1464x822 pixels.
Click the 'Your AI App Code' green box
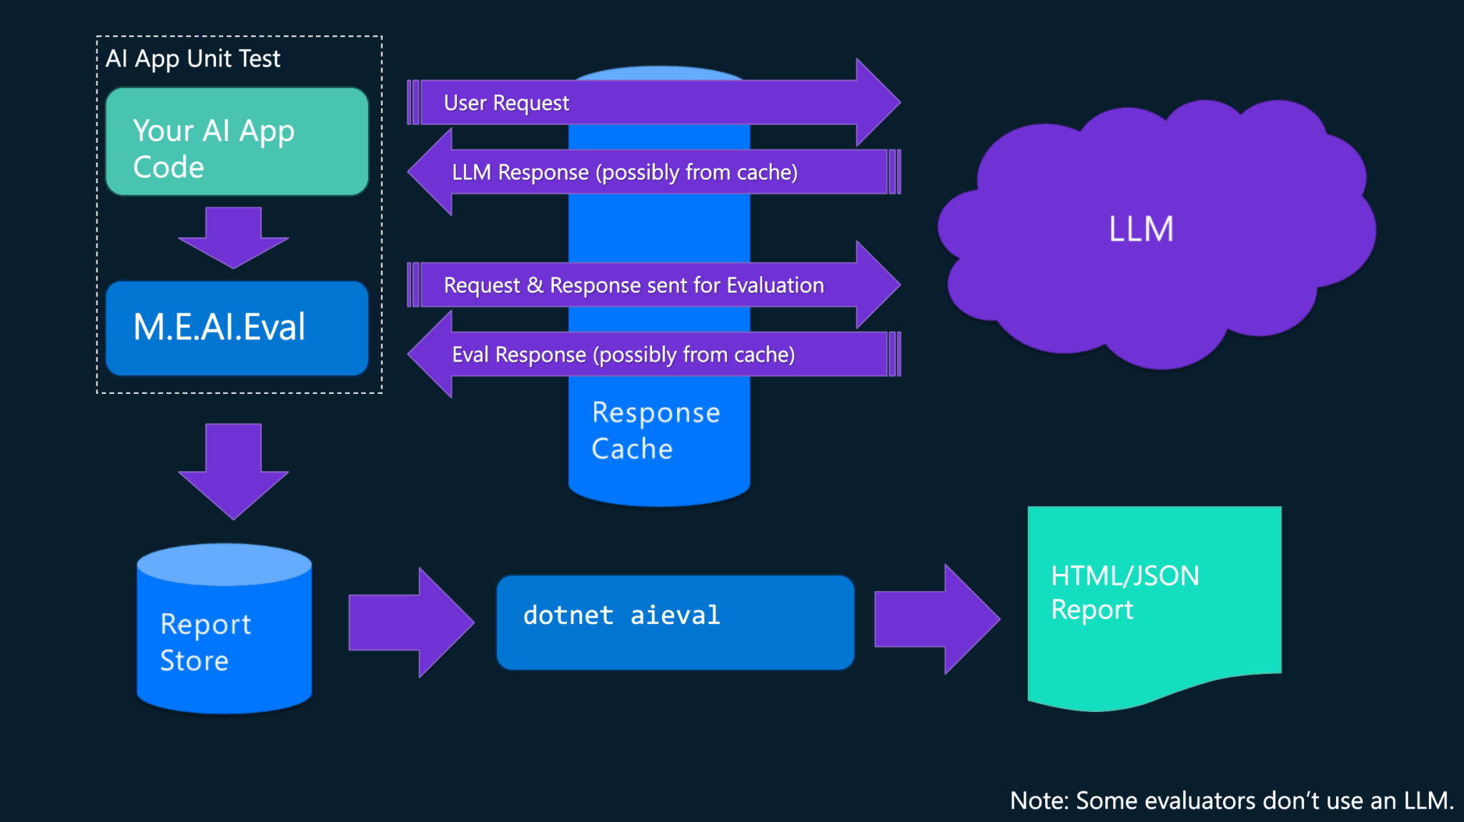(x=237, y=142)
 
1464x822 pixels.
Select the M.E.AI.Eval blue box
(x=237, y=328)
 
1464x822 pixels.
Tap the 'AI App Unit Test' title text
(x=193, y=59)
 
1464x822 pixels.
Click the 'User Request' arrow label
(x=506, y=103)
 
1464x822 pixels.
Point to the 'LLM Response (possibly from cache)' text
(x=624, y=172)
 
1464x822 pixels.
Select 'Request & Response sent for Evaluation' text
(x=633, y=285)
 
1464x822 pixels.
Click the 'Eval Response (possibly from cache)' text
(x=623, y=355)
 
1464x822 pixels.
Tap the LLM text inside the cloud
(x=1141, y=229)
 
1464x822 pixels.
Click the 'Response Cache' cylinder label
(x=655, y=430)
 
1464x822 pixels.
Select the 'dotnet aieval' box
(x=675, y=622)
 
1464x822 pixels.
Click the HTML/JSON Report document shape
(x=1154, y=600)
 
